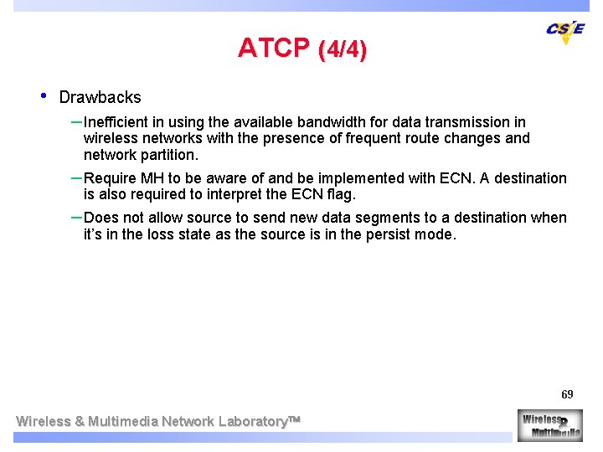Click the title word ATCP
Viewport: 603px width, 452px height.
[273, 49]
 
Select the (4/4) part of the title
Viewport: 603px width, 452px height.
[343, 50]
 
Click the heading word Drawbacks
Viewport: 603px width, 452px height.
[100, 97]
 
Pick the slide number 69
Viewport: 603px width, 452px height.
[567, 394]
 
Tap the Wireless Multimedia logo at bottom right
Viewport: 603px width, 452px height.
[549, 424]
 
